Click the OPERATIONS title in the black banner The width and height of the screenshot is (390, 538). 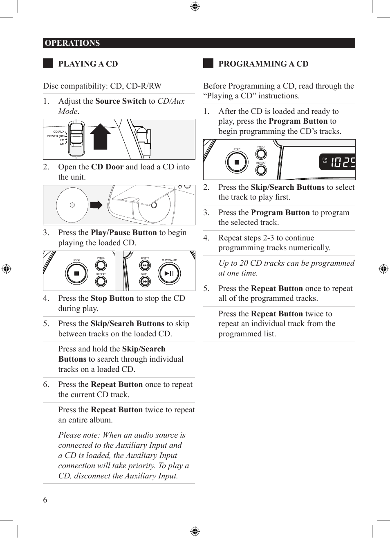click(72, 43)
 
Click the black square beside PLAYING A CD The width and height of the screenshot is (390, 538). click(48, 63)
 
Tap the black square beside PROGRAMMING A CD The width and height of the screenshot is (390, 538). click(208, 63)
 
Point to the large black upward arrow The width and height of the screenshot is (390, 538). click(101, 136)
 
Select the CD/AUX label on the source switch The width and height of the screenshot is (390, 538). click(59, 132)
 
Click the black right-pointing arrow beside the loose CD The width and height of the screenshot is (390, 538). click(96, 205)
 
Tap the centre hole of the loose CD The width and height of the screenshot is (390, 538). click(72, 205)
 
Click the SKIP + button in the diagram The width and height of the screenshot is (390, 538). click(145, 265)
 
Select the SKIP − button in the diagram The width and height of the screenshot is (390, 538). click(145, 281)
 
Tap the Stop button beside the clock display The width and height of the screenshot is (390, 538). click(237, 162)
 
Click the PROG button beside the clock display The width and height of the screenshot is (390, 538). click(261, 154)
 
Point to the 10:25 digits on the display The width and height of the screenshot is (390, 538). click(343, 162)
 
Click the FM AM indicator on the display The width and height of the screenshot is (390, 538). click(325, 161)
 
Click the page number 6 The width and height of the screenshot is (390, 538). click(45, 500)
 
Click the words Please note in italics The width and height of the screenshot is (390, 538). click(79, 435)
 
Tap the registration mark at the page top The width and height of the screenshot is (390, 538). click(195, 6)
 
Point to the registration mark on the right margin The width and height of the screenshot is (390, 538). click(383, 269)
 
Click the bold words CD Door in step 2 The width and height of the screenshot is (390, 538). click(107, 167)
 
